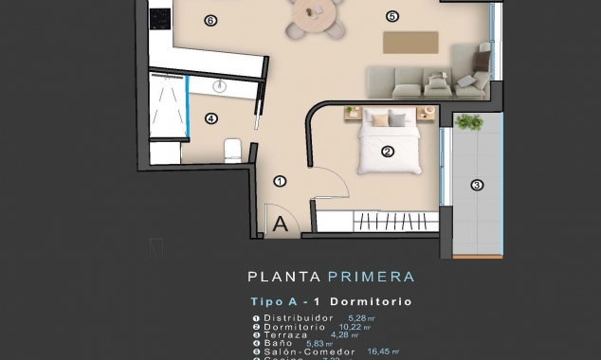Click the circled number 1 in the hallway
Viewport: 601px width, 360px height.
click(280, 181)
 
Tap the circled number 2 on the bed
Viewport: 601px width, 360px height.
click(388, 151)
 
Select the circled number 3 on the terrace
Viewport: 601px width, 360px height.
click(477, 186)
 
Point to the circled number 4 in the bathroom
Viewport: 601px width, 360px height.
click(211, 118)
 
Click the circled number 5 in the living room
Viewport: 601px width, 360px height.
click(392, 15)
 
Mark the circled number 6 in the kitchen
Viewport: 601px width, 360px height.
click(209, 19)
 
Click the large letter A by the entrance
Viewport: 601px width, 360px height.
click(281, 225)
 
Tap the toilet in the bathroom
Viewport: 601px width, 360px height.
click(231, 150)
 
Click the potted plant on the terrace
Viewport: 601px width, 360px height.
click(469, 121)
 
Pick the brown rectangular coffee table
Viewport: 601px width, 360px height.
click(410, 43)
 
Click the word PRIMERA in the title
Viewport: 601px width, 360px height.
click(371, 278)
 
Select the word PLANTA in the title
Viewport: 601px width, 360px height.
click(282, 278)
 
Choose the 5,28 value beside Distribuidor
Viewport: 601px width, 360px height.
click(362, 317)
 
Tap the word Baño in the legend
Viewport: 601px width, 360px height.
click(278, 344)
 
